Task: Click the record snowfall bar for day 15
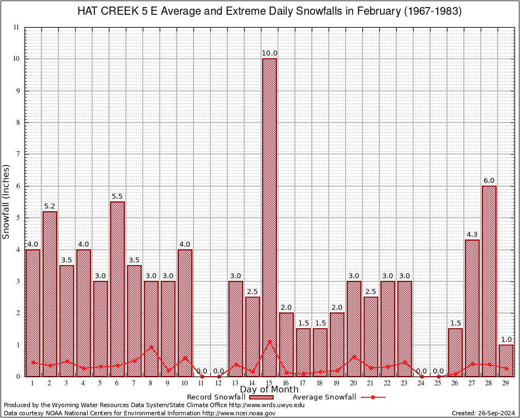[269, 218]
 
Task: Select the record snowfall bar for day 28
[489, 281]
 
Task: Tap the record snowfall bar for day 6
[117, 288]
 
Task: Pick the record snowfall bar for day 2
[50, 294]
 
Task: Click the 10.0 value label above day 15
[269, 53]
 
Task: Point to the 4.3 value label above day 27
[472, 235]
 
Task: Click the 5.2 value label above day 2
[50, 206]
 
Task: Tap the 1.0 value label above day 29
[506, 340]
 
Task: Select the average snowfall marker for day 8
[151, 347]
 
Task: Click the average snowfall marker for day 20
[354, 357]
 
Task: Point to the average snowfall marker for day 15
[269, 342]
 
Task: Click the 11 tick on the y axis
[16, 27]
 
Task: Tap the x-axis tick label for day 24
[421, 383]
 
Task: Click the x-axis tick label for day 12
[219, 383]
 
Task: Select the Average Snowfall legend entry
[338, 397]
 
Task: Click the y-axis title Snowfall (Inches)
[7, 201]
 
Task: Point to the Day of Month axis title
[269, 390]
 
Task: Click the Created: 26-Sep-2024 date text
[483, 413]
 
